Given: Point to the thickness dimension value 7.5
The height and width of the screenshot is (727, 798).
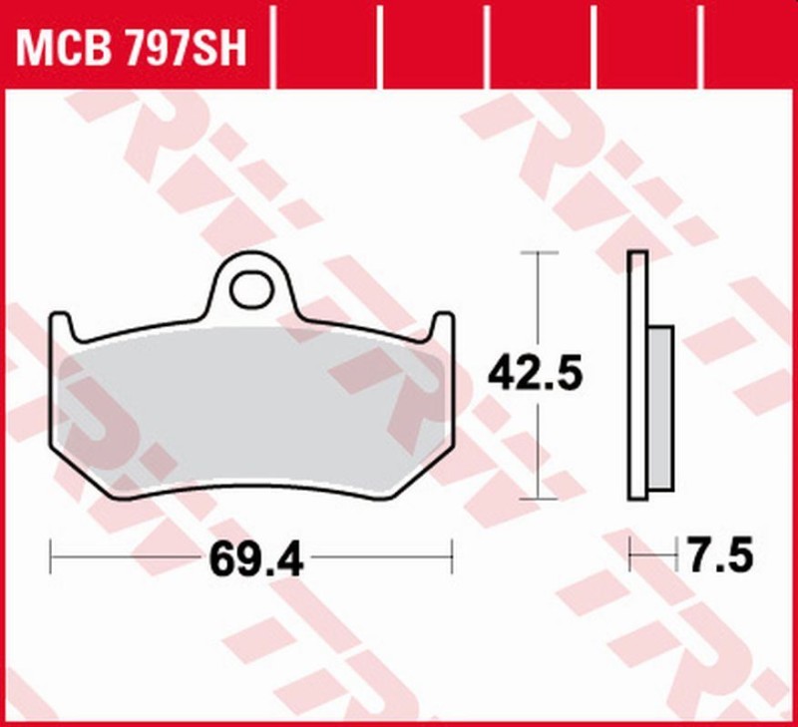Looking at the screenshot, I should pyautogui.click(x=718, y=555).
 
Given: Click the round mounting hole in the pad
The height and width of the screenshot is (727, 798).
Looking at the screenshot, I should pyautogui.click(x=249, y=288).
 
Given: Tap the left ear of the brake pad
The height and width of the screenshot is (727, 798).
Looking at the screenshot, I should pyautogui.click(x=61, y=325).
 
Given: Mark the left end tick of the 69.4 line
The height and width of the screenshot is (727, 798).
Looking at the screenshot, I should pyautogui.click(x=51, y=556).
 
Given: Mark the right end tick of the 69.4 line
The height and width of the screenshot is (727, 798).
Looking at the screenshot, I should pyautogui.click(x=453, y=556).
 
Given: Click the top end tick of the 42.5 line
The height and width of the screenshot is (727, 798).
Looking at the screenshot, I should pyautogui.click(x=539, y=253).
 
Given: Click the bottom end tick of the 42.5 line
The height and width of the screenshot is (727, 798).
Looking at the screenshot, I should pyautogui.click(x=539, y=499).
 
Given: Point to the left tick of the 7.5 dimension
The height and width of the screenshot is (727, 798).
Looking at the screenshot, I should pyautogui.click(x=630, y=553).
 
